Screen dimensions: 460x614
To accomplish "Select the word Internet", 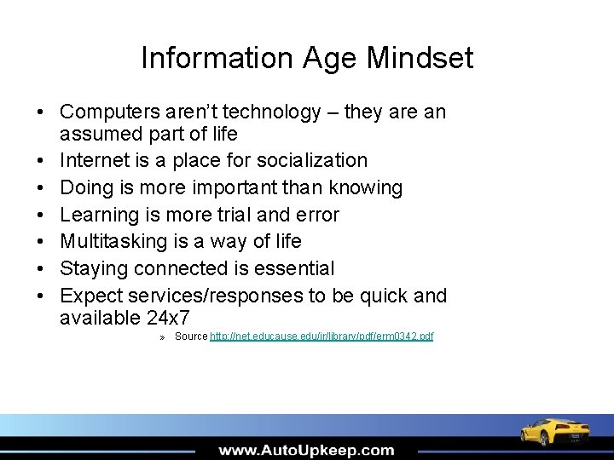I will tap(95, 160).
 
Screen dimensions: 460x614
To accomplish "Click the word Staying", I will tap(95, 269).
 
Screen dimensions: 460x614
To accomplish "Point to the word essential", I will tap(295, 269).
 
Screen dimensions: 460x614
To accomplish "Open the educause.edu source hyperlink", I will tap(321, 336).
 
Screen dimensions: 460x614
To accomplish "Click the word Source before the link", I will tap(191, 336).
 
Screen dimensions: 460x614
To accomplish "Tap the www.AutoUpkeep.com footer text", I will tap(305, 450).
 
